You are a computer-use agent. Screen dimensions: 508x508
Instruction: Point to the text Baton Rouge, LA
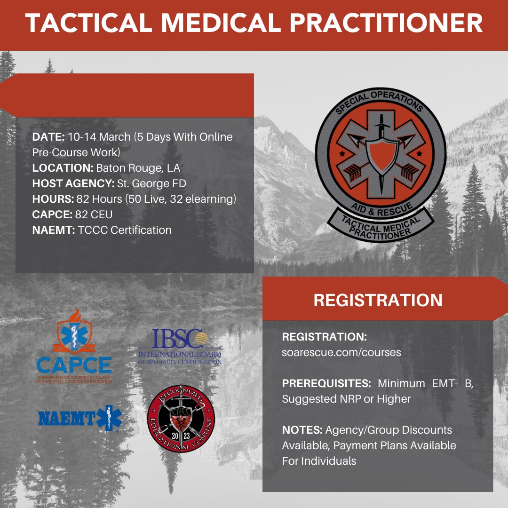click(x=138, y=168)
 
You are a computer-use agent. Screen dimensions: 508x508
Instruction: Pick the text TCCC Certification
click(x=125, y=230)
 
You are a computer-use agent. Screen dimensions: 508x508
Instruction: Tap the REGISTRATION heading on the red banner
click(x=378, y=300)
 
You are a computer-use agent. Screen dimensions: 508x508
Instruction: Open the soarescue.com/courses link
click(x=341, y=352)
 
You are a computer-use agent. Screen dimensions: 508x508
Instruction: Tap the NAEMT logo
click(x=80, y=418)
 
